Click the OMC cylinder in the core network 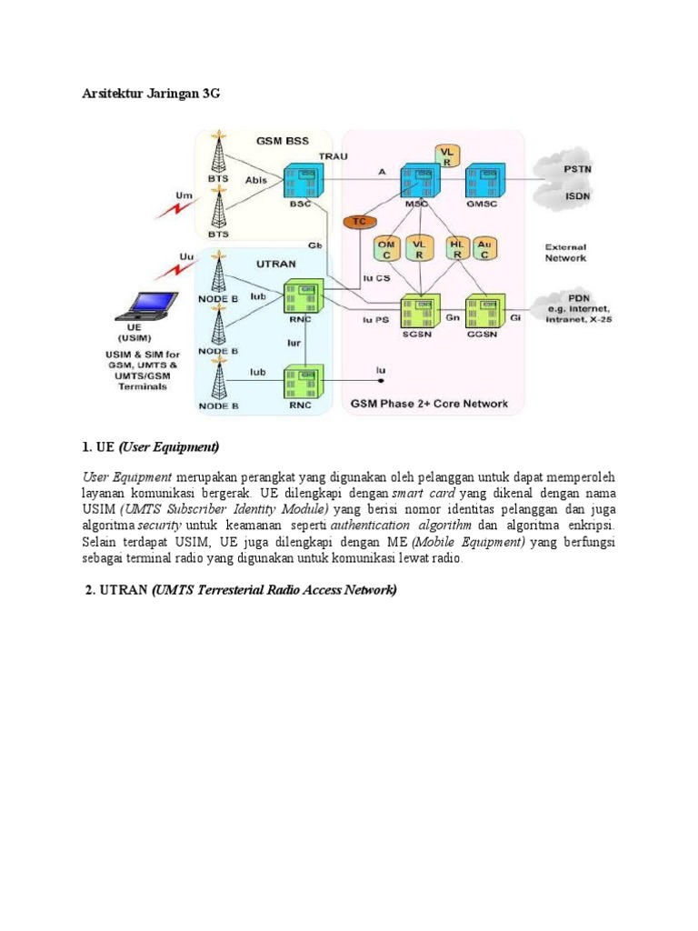385,250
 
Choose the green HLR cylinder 457,250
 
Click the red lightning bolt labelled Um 171,211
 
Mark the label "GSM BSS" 282,141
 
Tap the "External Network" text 565,252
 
